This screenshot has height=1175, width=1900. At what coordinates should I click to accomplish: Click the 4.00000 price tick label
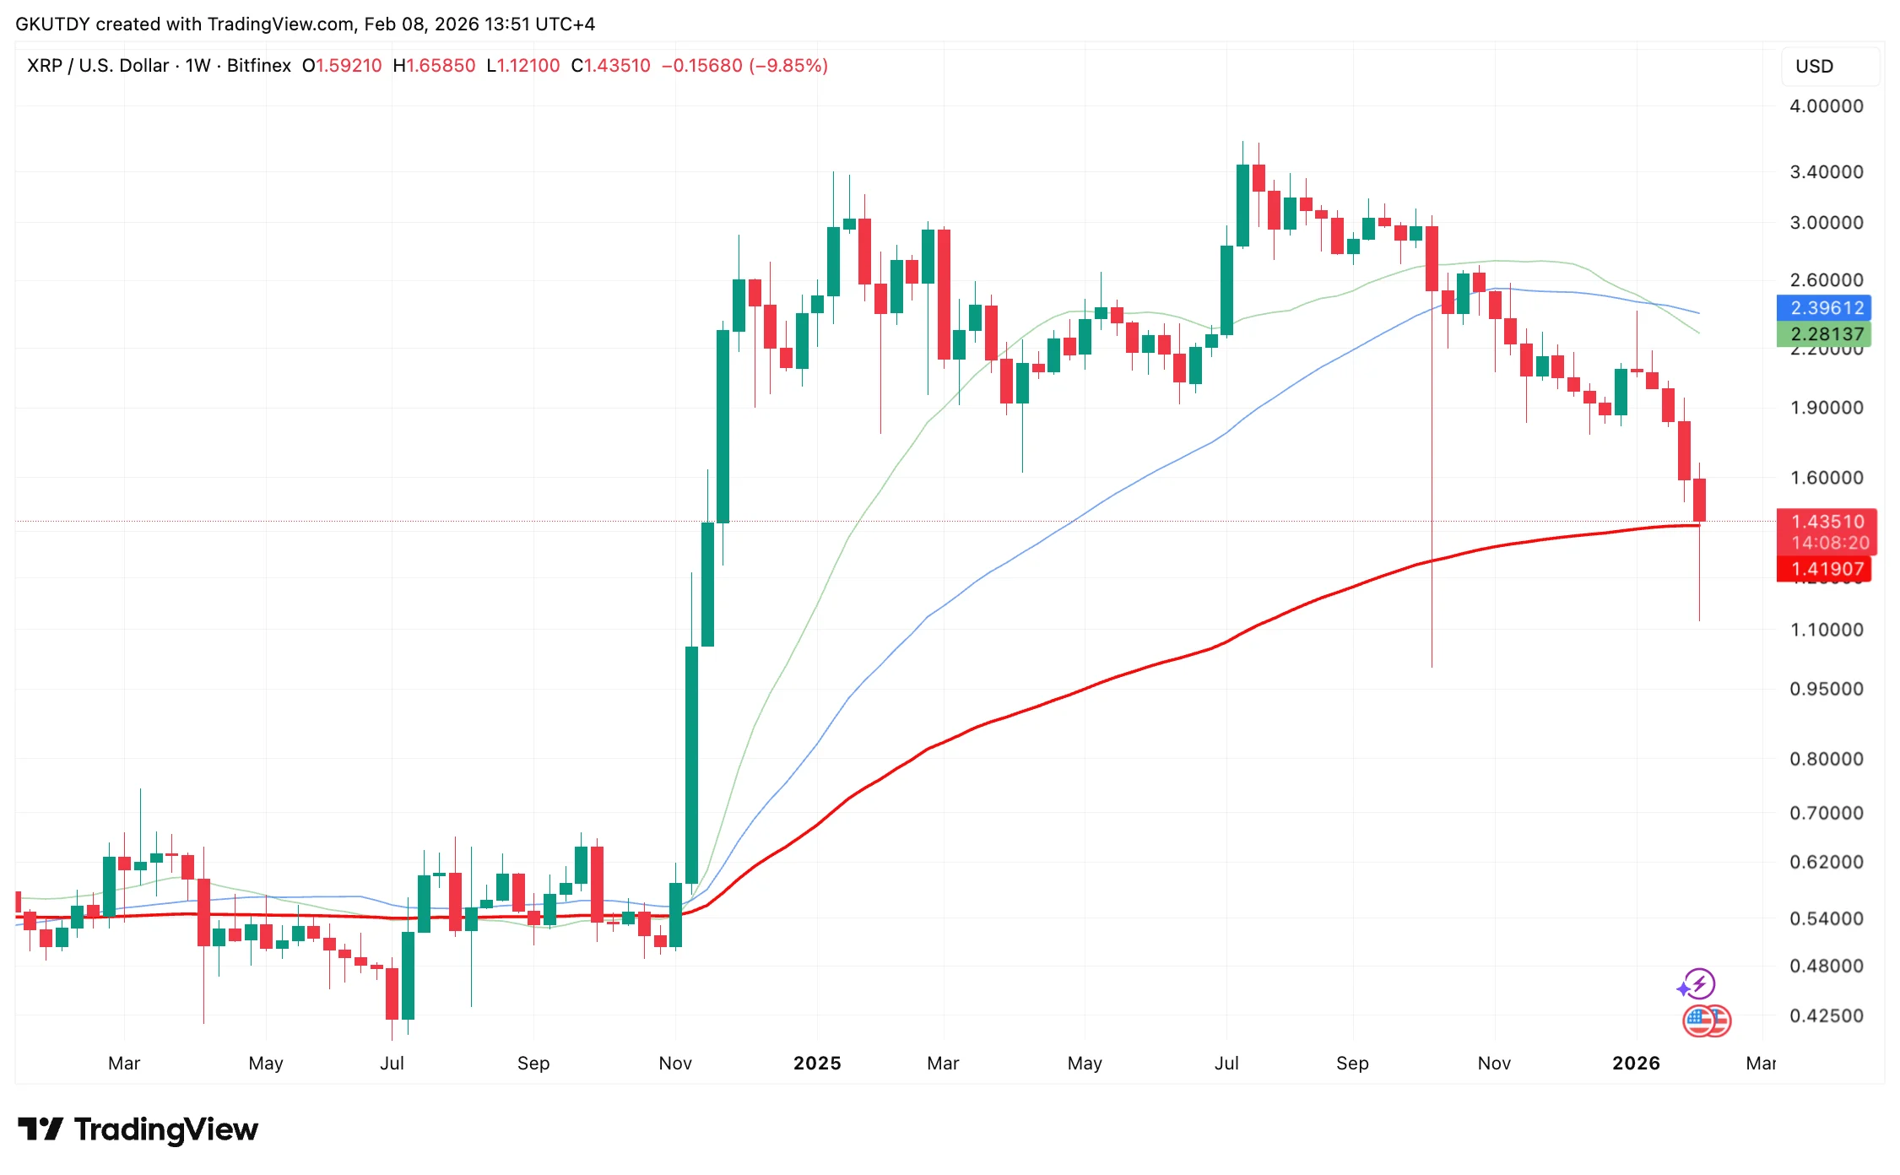[1826, 106]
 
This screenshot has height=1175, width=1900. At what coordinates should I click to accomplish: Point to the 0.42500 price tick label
[1826, 1015]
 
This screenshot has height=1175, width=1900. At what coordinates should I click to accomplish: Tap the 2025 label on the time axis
[817, 1064]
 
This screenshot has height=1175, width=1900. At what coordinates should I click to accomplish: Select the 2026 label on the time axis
[1636, 1064]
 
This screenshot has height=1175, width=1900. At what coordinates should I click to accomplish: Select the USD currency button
[1815, 67]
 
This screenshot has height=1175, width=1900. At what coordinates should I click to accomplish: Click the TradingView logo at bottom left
[138, 1129]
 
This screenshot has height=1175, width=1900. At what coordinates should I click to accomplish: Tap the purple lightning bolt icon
[1698, 983]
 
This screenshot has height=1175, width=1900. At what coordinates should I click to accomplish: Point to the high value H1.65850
[434, 66]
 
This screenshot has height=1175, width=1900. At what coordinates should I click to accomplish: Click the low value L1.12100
[523, 66]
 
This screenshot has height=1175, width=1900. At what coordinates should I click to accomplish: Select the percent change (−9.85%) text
[788, 66]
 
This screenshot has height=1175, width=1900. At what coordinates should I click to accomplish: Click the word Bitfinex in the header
[258, 66]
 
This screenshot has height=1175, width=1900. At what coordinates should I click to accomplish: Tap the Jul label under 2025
[1226, 1064]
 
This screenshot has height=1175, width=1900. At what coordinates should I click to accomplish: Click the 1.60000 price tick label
[1826, 478]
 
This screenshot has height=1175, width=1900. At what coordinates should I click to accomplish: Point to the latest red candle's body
[1699, 500]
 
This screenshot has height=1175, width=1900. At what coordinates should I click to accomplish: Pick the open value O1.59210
[342, 66]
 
